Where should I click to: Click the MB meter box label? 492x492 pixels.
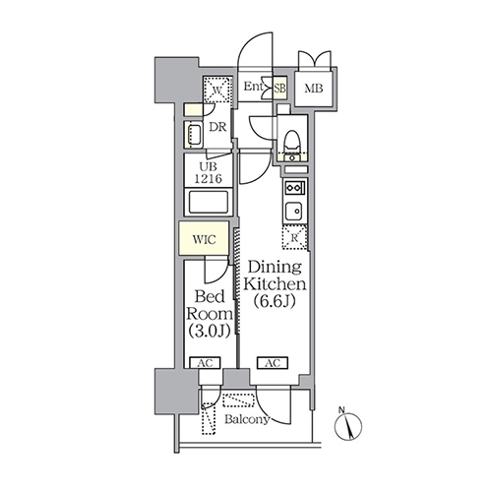coord(314,89)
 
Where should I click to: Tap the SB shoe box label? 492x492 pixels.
coord(279,89)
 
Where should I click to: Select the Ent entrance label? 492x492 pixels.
coord(253,87)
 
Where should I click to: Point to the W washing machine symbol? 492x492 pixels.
coord(217,90)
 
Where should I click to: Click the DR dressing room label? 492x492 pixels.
coord(217,127)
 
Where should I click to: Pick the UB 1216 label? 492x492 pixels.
coord(209,172)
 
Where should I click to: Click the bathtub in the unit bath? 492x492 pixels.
coord(209,202)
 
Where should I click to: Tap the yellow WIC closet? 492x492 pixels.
coord(204,238)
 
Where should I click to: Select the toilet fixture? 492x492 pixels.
coord(292,142)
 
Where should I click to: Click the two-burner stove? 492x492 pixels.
coord(295,188)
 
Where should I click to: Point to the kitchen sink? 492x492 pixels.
coord(293,211)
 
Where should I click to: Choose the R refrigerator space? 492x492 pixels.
coord(295,237)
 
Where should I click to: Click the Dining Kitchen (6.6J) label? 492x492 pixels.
coord(275,284)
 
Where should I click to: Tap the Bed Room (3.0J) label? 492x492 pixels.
coord(210,314)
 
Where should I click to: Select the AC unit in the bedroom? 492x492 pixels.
coord(206,363)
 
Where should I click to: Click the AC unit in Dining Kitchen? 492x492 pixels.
coord(273,363)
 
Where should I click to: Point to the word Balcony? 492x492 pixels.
coord(247,419)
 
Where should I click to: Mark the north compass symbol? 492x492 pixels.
coord(348,425)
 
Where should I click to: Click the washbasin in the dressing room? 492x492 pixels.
coord(194,134)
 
